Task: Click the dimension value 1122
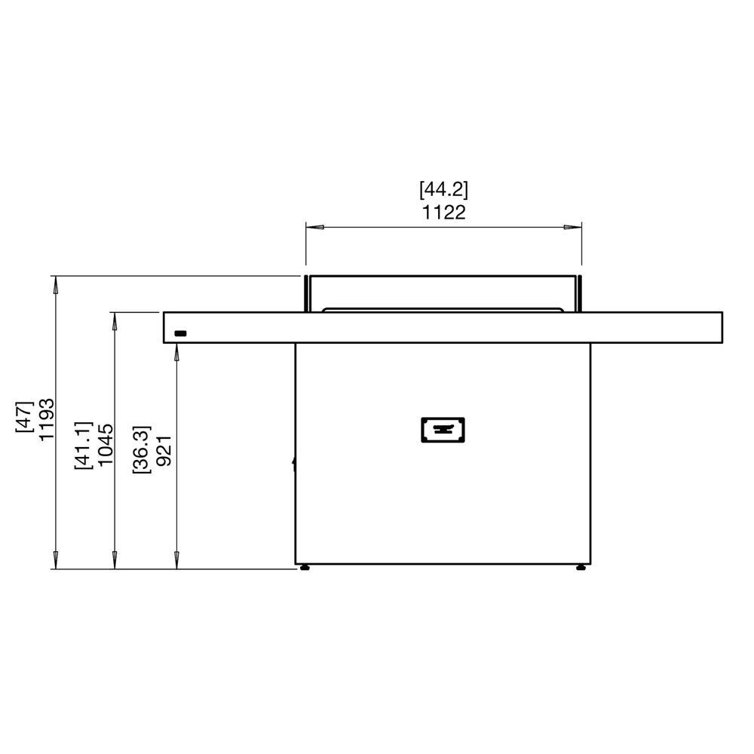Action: [x=444, y=212]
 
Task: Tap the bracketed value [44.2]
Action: [x=444, y=189]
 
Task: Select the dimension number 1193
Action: [x=47, y=418]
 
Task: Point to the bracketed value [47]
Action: [x=25, y=416]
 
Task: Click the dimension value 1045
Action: [x=106, y=444]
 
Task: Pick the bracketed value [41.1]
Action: [x=83, y=445]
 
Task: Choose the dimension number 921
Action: [x=164, y=450]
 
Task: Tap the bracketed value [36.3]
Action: [x=142, y=449]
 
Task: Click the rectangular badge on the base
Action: [x=443, y=430]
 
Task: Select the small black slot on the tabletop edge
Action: [x=180, y=333]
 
